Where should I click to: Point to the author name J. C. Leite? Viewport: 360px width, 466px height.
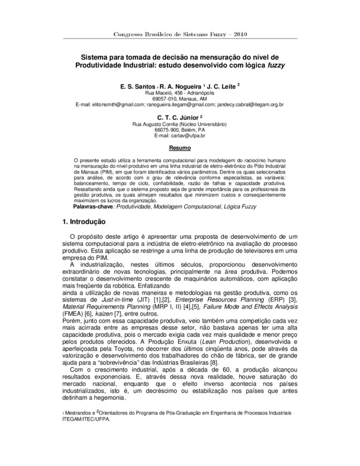216,86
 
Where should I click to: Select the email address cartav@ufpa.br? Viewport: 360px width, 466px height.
180,135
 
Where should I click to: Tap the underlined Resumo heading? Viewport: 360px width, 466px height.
179,149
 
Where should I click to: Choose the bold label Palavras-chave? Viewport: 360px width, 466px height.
96,207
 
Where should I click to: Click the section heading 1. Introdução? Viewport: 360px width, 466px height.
83,222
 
